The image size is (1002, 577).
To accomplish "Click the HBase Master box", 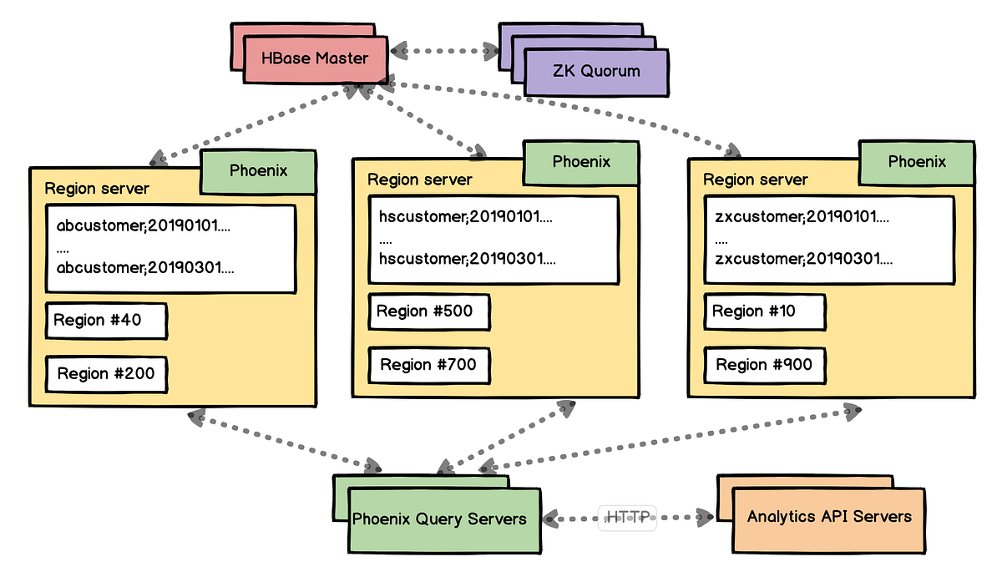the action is tap(316, 59).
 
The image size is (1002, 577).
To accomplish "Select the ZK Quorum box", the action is tap(596, 72).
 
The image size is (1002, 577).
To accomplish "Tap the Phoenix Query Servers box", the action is tap(444, 521).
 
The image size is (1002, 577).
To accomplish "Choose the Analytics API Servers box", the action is tap(829, 521).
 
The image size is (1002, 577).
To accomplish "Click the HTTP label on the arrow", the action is tap(627, 518).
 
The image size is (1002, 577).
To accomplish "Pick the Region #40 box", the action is tap(107, 321).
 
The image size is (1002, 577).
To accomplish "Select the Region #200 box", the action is tap(107, 374).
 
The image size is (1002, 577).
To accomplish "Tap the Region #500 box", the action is tap(429, 311).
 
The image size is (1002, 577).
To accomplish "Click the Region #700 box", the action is tap(429, 366).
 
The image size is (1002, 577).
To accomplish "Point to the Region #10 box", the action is tap(765, 311).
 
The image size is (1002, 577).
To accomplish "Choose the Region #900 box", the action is tap(765, 366).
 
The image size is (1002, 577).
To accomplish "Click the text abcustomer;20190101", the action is tap(143, 225).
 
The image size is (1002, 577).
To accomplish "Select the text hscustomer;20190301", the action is tap(468, 259).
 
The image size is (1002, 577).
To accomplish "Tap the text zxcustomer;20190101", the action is tap(802, 216).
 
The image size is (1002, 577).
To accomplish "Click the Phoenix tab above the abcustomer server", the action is tap(258, 171).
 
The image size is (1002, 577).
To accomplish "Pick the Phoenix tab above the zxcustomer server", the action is tap(917, 162).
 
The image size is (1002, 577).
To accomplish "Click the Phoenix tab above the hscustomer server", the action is tap(581, 162).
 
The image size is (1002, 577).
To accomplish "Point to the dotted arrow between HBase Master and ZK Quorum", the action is tap(444, 51).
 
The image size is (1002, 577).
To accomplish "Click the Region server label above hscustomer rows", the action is tap(419, 180).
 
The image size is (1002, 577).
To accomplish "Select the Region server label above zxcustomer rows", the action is tap(755, 180).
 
